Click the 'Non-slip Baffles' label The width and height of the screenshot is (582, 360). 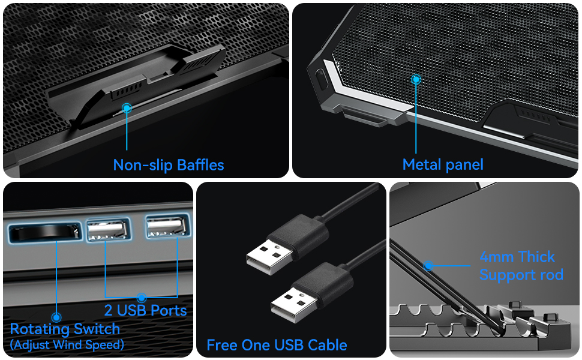click(x=168, y=165)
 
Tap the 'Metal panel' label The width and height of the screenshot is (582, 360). click(x=442, y=165)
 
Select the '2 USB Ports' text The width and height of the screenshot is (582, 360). click(x=145, y=310)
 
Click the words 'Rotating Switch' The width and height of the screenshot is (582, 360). click(x=65, y=329)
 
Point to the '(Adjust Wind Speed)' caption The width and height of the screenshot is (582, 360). click(x=67, y=344)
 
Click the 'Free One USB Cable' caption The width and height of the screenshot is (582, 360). click(x=277, y=345)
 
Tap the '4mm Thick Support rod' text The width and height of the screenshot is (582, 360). click(x=521, y=266)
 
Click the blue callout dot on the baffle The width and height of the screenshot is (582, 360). click(x=127, y=109)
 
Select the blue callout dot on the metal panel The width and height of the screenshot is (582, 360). click(x=416, y=79)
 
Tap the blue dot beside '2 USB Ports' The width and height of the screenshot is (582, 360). click(x=142, y=297)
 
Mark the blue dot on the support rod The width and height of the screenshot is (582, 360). click(x=428, y=265)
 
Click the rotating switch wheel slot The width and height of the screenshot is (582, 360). click(x=44, y=230)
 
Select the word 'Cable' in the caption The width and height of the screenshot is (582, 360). click(x=327, y=345)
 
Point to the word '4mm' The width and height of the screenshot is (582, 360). click(x=496, y=257)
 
